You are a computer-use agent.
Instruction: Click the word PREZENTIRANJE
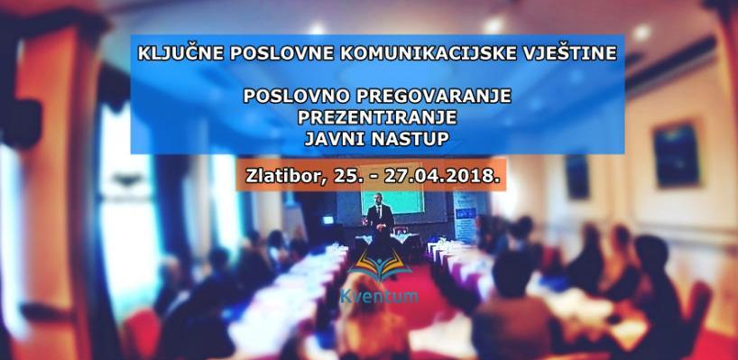pos(377,118)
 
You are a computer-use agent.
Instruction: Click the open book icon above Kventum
pos(373,267)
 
